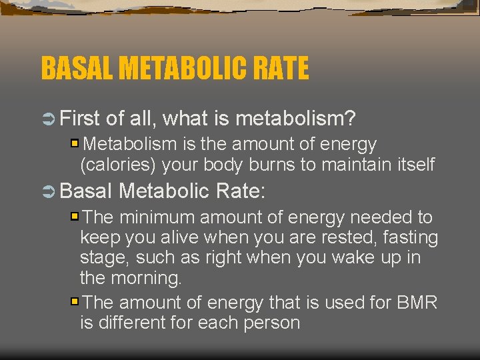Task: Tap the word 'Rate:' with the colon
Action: click(x=241, y=192)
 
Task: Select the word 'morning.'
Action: click(x=144, y=277)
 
